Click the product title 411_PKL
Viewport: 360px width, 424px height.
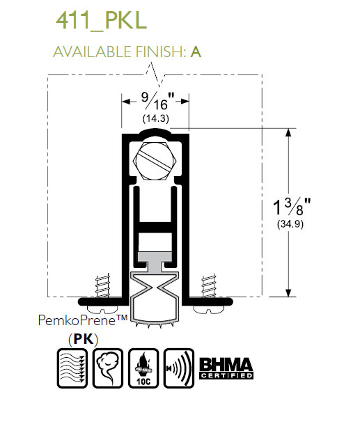[101, 21]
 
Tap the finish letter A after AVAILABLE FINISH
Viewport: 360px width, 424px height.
[196, 52]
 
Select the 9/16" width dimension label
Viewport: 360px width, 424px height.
[157, 101]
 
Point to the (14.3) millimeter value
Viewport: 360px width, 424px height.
[156, 118]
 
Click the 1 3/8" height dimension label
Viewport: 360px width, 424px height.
[292, 207]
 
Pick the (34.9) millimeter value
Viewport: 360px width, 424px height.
[290, 224]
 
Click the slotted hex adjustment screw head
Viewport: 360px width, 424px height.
[155, 161]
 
